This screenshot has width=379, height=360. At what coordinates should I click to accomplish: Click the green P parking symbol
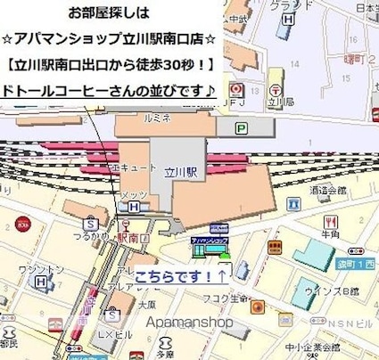(x=241, y=128)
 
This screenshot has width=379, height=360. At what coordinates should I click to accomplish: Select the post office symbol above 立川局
(x=235, y=90)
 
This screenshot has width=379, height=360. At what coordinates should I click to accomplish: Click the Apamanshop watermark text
(x=192, y=323)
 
